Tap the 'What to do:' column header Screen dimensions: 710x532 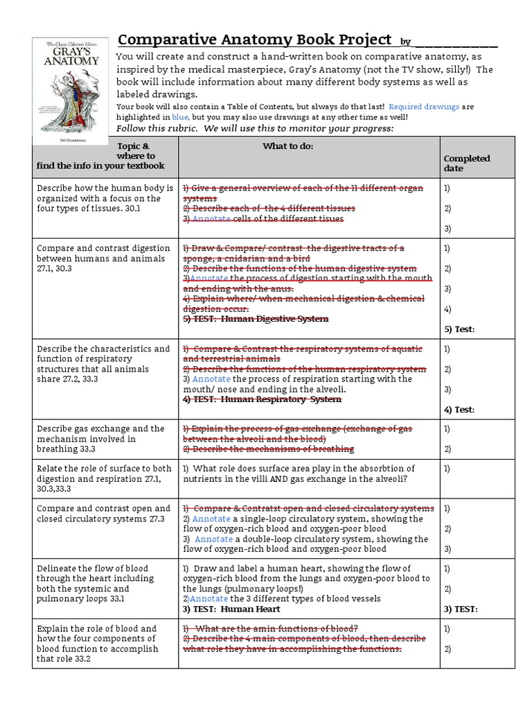coord(287,146)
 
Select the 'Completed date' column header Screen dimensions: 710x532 coord(466,163)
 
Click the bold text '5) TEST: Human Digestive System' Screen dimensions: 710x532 coord(255,319)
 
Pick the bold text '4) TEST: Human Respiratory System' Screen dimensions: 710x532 coord(262,399)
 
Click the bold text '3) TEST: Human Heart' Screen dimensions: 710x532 coord(231,609)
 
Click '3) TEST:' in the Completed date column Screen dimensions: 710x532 coord(461,609)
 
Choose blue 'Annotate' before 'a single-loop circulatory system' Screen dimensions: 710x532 coord(211,519)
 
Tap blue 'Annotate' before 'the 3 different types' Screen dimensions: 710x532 coord(209,598)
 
